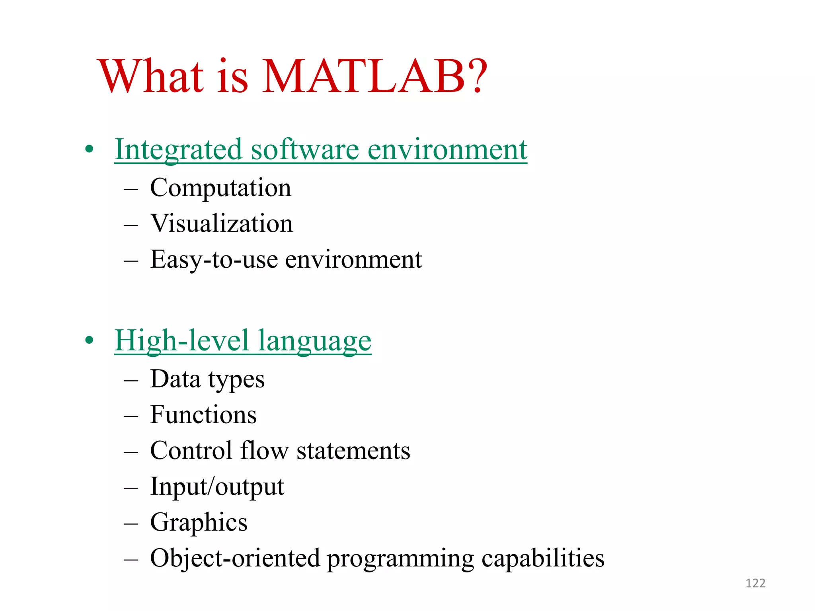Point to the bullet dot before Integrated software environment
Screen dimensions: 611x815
(90, 150)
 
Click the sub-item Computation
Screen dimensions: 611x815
(220, 188)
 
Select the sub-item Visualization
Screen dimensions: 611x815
(221, 224)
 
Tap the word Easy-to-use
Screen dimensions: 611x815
(214, 260)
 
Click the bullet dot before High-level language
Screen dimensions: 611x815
(90, 341)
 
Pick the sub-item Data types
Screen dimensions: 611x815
(207, 379)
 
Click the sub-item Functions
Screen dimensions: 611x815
(203, 415)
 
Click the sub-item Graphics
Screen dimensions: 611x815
(199, 523)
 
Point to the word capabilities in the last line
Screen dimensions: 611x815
(543, 558)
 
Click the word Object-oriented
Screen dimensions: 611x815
(235, 558)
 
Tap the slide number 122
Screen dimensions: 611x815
(755, 583)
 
